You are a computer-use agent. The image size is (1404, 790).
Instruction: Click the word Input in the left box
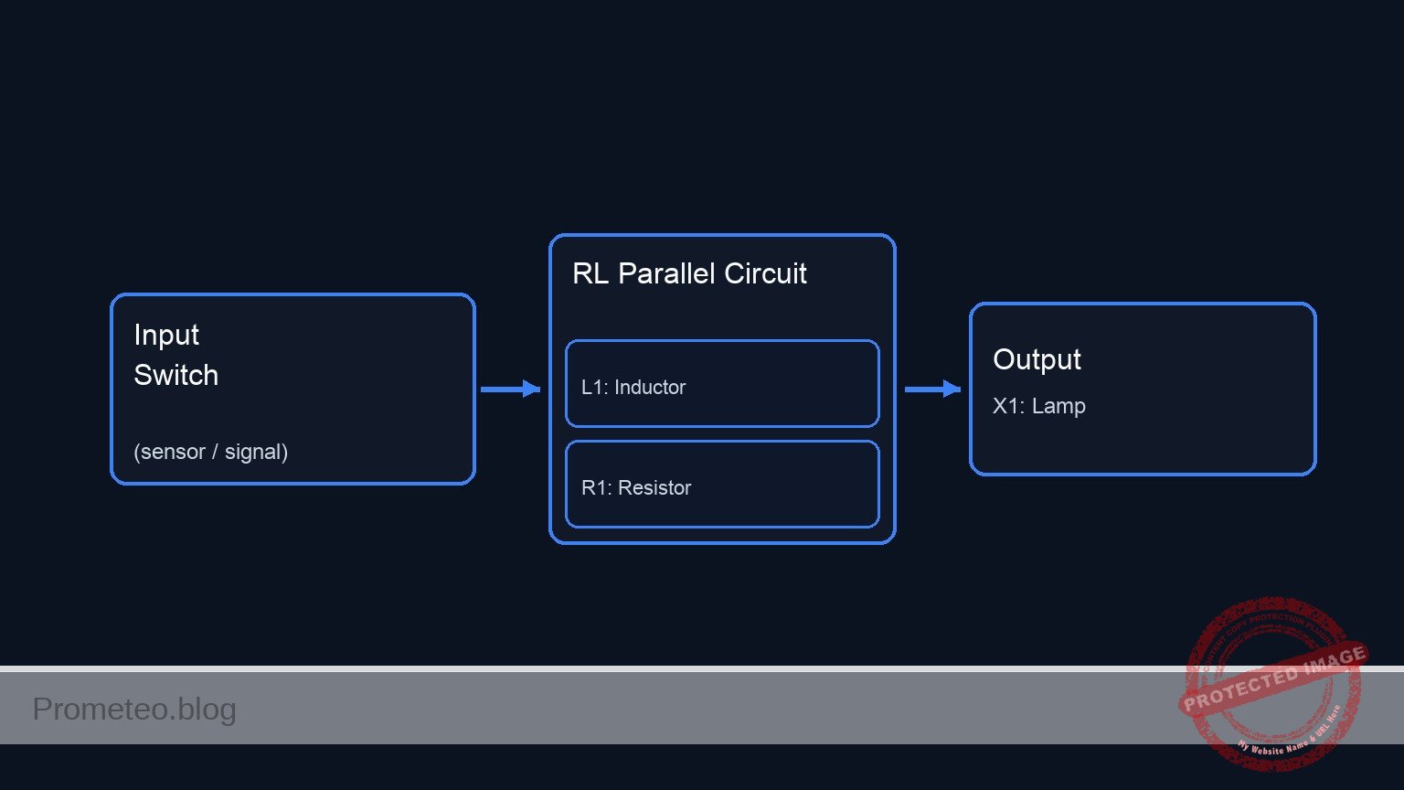(166, 336)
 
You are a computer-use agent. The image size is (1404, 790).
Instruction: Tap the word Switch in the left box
(175, 376)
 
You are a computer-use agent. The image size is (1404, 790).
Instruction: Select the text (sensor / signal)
(210, 452)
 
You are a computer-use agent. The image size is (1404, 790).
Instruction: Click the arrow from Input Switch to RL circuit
(510, 390)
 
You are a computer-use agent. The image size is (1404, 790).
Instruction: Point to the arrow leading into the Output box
(932, 390)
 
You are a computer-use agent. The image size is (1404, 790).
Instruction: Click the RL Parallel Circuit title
(689, 273)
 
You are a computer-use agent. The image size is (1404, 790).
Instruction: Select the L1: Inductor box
(722, 384)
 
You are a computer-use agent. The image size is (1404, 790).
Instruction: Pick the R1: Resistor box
(722, 485)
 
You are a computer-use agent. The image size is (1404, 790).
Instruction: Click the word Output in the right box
(1037, 359)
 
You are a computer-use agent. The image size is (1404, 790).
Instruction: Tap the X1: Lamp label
(1038, 406)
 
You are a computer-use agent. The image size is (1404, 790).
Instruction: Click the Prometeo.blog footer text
(134, 710)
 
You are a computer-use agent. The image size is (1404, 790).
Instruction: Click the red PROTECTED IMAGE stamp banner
(1273, 678)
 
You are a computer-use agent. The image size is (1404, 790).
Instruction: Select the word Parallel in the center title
(666, 273)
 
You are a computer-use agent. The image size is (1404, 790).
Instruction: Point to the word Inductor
(650, 388)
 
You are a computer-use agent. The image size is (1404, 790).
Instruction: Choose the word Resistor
(654, 488)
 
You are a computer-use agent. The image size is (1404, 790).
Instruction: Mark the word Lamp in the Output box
(1058, 406)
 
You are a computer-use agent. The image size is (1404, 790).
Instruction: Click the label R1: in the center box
(596, 488)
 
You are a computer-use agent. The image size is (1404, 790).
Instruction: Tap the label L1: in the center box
(594, 388)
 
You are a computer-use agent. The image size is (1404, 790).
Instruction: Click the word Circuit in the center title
(765, 273)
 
